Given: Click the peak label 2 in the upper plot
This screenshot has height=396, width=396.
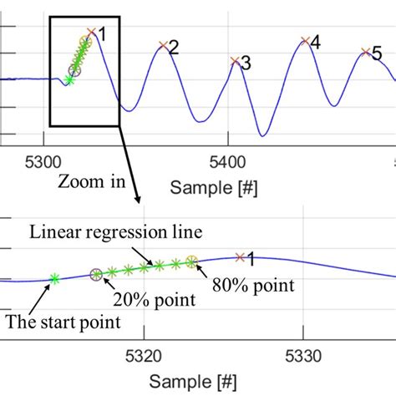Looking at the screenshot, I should (x=173, y=48).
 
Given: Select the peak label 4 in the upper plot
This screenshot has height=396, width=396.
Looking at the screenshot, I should (x=315, y=40).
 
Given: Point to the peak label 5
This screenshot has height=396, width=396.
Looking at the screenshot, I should (x=377, y=54).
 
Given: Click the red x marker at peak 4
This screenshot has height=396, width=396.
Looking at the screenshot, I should (x=305, y=40).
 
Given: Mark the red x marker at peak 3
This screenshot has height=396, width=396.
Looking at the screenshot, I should (x=236, y=61).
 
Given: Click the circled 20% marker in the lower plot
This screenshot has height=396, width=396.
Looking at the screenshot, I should (x=96, y=274).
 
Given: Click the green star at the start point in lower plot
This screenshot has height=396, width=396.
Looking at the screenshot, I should (x=54, y=279).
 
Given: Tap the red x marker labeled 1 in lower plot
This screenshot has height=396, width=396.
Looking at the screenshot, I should (x=241, y=257).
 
